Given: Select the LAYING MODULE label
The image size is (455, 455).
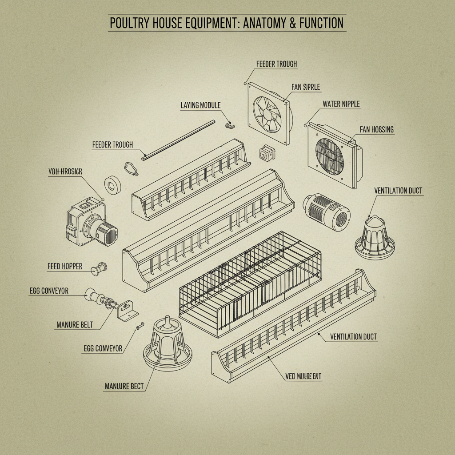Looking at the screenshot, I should [200, 105].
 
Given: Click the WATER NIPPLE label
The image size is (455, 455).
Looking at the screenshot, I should [341, 104].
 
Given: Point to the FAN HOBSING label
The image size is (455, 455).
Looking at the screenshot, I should [376, 129].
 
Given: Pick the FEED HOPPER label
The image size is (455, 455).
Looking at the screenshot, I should [65, 266].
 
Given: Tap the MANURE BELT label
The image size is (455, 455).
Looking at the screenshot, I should [75, 325].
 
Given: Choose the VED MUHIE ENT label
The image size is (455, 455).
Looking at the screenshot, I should [303, 376].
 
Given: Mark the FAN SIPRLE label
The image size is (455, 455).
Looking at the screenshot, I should [306, 87].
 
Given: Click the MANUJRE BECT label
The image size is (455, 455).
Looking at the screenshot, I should [124, 386].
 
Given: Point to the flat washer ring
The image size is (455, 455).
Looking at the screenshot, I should [112, 186].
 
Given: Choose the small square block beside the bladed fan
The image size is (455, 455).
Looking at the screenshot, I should [264, 153].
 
